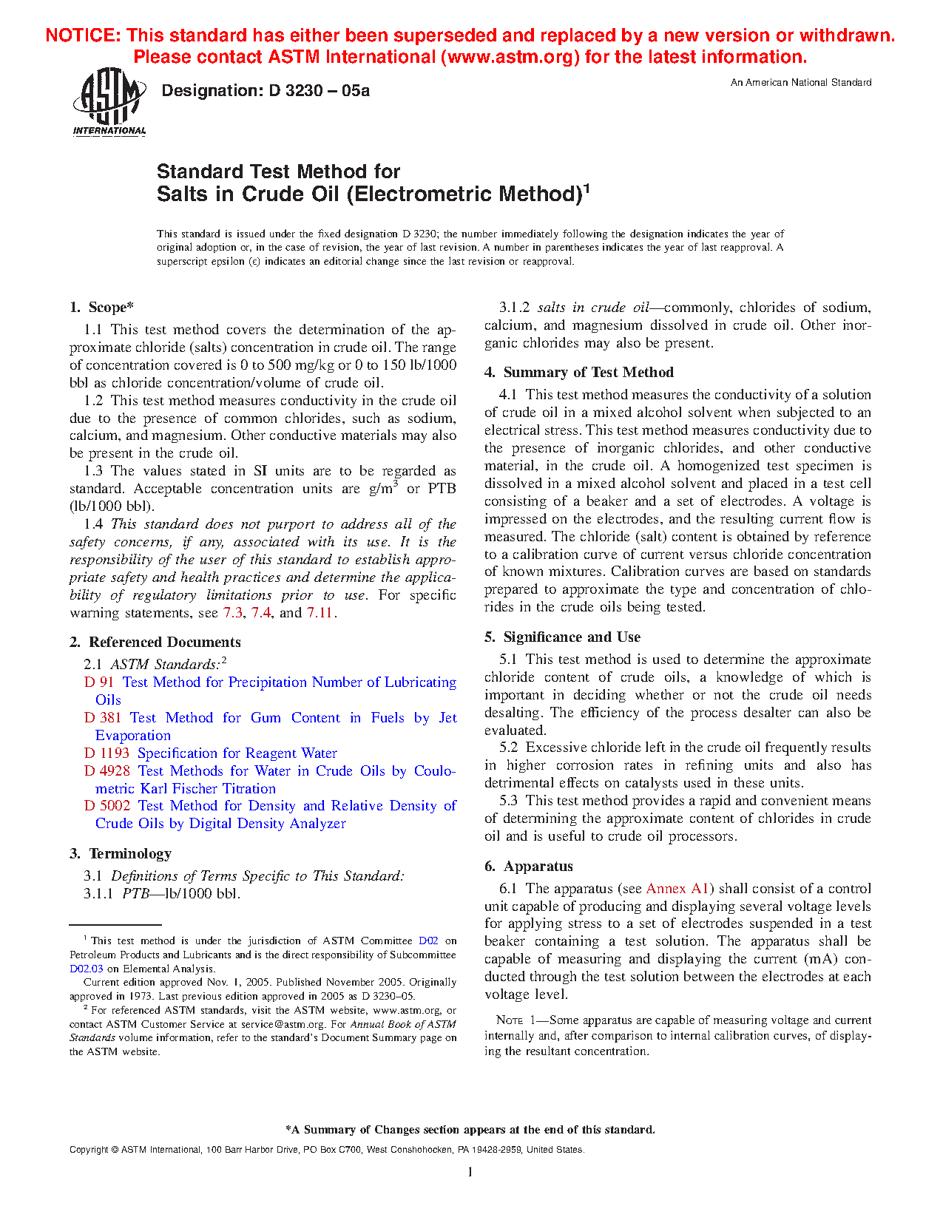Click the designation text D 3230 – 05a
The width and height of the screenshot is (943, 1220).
(x=266, y=91)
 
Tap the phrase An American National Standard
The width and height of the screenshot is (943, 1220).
(x=800, y=83)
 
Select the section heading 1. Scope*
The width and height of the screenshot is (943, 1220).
(x=102, y=308)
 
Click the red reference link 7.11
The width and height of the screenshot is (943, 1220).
(x=320, y=613)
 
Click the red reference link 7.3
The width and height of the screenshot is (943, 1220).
(x=232, y=613)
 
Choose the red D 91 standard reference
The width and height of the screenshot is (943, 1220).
(x=99, y=682)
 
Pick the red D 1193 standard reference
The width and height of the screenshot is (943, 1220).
(x=107, y=753)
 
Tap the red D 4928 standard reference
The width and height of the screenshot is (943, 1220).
(x=107, y=771)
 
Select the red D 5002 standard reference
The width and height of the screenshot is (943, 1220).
(x=107, y=806)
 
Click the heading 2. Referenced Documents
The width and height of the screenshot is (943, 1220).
(x=155, y=643)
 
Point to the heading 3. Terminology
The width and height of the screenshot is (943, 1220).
(x=121, y=854)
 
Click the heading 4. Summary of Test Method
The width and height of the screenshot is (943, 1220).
(x=579, y=373)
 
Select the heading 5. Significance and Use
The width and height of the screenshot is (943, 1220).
(x=563, y=637)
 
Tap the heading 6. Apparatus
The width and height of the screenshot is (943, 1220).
(x=529, y=867)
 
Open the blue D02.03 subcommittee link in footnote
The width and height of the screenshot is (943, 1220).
(x=87, y=969)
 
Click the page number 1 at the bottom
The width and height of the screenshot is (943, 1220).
(x=470, y=1172)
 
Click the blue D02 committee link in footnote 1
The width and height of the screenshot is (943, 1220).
(x=428, y=941)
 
